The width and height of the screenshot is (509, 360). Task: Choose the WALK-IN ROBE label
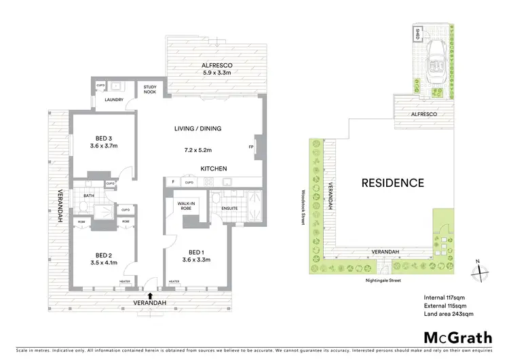pos(186,205)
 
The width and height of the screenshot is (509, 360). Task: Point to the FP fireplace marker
pos(251,147)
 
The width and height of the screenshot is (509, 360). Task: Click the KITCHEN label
pos(212,168)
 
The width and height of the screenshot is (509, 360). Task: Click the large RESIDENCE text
pos(392,183)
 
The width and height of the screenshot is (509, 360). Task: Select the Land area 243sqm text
pos(448,314)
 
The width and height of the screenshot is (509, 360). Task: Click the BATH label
pos(88,196)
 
